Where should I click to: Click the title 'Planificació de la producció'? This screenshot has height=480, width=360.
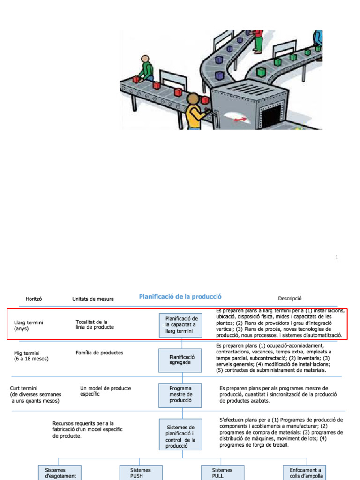[180, 296]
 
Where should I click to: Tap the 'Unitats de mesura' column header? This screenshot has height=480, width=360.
[93, 299]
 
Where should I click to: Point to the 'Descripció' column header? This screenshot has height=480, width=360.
[290, 298]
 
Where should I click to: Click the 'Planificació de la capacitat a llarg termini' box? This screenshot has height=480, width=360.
[180, 325]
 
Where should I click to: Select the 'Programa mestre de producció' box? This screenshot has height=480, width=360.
[180, 394]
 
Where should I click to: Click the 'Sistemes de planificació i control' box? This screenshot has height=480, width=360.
[180, 434]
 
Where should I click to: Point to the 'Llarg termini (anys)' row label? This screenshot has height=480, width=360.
[28, 326]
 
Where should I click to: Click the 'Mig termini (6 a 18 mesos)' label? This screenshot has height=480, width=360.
[31, 356]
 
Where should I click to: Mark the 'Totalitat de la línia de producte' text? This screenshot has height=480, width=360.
[94, 324]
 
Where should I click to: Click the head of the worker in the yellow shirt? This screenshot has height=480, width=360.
[193, 99]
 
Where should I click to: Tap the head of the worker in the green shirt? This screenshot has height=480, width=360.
[145, 60]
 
